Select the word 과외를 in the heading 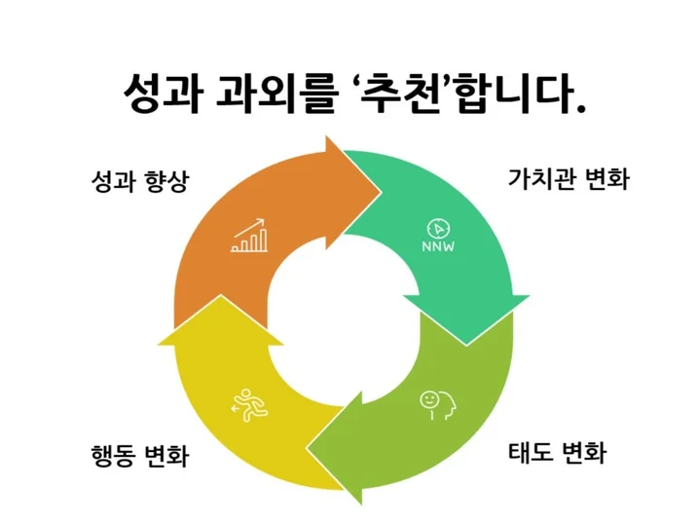[x=261, y=94]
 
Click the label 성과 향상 [x=137, y=182]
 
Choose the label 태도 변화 [x=558, y=453]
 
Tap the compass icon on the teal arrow [x=438, y=228]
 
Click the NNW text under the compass [x=438, y=246]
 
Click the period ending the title [x=580, y=106]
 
